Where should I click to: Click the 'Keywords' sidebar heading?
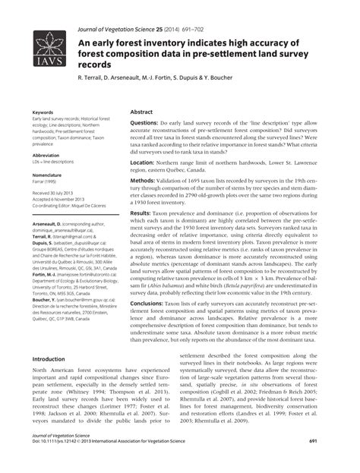[x=41, y=111]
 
